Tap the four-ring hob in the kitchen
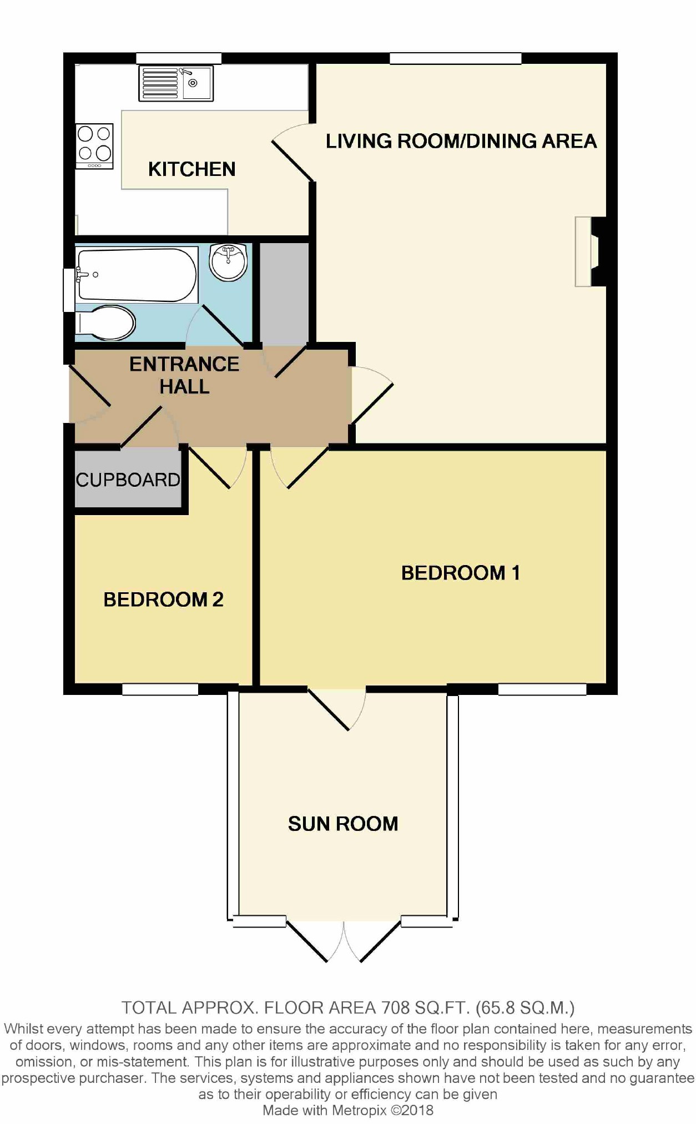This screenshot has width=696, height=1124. tap(95, 146)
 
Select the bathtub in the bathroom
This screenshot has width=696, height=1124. tap(137, 275)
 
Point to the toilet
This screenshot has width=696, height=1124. tap(105, 322)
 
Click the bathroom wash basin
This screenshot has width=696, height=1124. tap(228, 261)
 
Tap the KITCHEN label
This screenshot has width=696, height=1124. tap(192, 169)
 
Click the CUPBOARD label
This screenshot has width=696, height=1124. tap(128, 480)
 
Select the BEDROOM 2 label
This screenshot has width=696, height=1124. tap(163, 599)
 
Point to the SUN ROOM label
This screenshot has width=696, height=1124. tap(343, 824)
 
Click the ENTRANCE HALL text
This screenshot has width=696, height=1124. tap(184, 375)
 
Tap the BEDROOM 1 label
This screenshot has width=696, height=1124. tap(461, 573)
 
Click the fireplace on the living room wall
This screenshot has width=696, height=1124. tap(590, 251)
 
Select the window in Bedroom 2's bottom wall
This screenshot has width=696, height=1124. tap(160, 689)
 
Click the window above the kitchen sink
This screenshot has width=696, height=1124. tap(179, 58)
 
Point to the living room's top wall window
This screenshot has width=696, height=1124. tap(456, 58)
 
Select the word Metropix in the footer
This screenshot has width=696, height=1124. tap(360, 1110)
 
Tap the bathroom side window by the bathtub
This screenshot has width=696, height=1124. tap(69, 290)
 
